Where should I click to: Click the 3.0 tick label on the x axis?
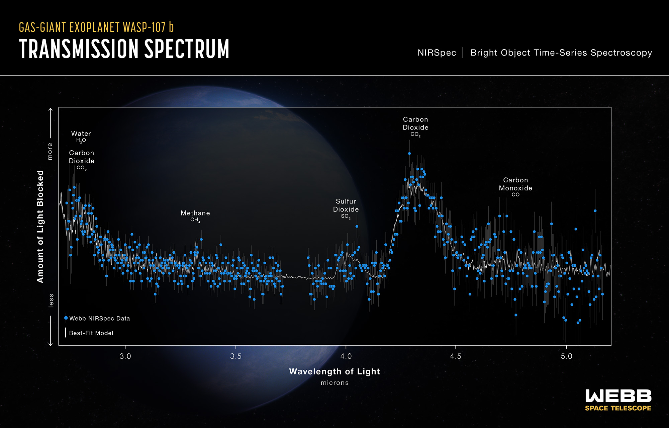(125, 356)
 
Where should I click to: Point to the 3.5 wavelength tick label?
(236, 356)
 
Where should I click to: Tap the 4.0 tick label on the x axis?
(346, 356)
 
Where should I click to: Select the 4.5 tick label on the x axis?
(456, 356)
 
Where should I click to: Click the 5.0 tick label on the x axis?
(566, 356)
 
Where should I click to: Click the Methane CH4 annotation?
(195, 216)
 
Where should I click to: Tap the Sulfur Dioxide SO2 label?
(346, 208)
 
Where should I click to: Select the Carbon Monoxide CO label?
(515, 187)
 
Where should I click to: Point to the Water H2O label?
(81, 136)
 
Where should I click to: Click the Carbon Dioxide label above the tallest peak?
(415, 126)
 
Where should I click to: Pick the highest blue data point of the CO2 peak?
(409, 154)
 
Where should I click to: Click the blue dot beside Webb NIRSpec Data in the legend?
(66, 318)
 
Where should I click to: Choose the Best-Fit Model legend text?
(91, 333)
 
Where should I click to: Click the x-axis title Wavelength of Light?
(334, 371)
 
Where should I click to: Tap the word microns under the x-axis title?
(334, 383)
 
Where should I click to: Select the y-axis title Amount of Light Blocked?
(40, 227)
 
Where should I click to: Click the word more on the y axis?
(50, 151)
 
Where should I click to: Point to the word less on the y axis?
(51, 300)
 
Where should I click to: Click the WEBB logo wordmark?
(618, 396)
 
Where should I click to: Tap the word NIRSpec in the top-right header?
(437, 53)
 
